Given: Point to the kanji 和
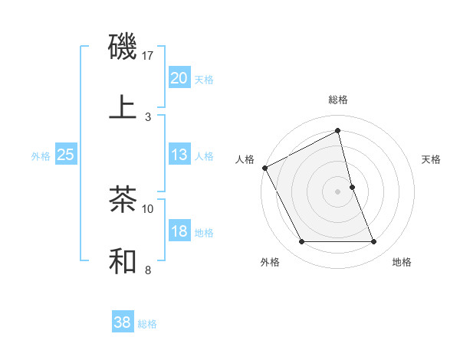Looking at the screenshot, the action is (x=123, y=260).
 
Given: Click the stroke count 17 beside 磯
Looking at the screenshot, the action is (x=148, y=55).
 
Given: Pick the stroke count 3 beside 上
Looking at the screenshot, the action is (x=148, y=117).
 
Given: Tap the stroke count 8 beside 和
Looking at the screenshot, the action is (x=148, y=270).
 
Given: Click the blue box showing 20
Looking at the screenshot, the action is (x=179, y=78).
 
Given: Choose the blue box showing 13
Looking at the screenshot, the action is (x=179, y=155).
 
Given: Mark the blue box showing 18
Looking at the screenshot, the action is (x=179, y=231).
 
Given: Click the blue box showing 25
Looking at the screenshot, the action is (x=66, y=155).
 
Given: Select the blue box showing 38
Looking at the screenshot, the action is (x=123, y=322).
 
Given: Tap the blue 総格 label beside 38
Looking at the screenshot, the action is (x=148, y=324).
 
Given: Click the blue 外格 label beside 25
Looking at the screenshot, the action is (x=41, y=155).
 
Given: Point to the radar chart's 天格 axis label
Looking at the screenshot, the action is (x=432, y=159).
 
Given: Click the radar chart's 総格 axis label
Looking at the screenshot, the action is (x=338, y=100).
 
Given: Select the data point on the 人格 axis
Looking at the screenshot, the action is (x=264, y=168).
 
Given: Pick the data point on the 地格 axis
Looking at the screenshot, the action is (x=374, y=242).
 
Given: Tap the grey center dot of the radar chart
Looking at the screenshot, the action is (x=338, y=191).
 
